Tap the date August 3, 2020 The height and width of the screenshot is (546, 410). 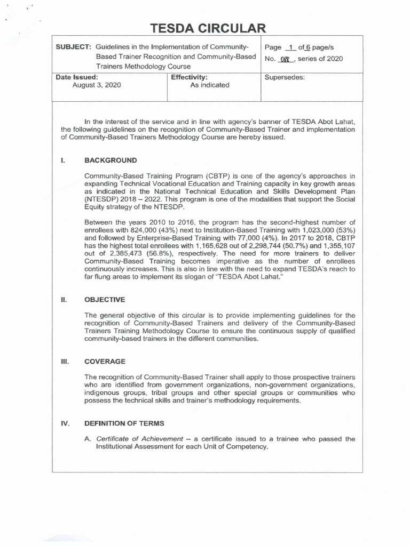tap(97, 85)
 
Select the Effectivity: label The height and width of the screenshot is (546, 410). tap(188, 77)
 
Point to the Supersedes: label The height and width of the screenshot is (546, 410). tap(285, 77)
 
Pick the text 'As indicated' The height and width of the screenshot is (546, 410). tap(210, 85)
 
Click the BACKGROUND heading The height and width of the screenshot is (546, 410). tap(111, 160)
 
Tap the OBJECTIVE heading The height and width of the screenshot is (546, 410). tap(105, 300)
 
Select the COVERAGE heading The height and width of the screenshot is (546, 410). tap(105, 362)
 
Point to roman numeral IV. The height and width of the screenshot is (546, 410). tap(65, 423)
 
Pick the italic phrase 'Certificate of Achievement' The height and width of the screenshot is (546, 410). tap(139, 439)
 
